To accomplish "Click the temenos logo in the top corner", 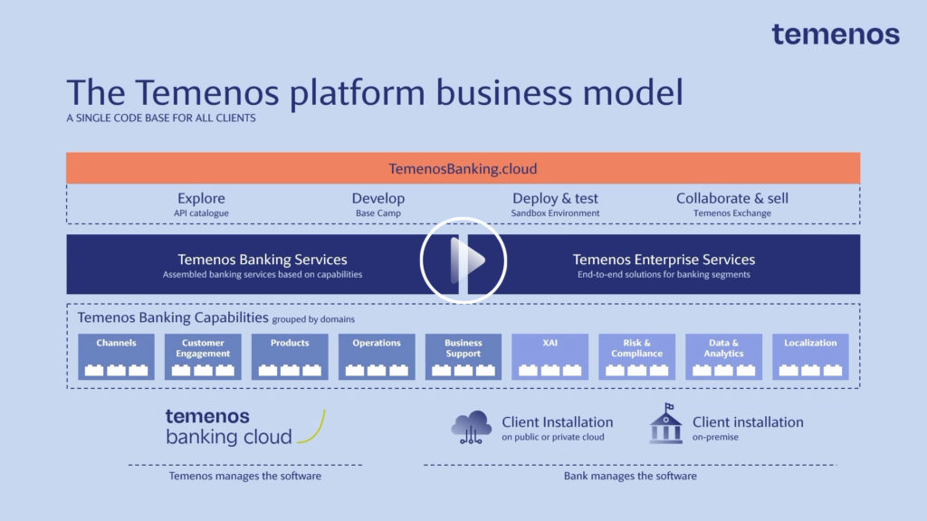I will tap(835, 34).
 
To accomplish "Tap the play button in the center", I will tap(463, 260).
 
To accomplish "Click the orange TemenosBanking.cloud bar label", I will tap(463, 168).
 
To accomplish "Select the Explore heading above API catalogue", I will tap(201, 198).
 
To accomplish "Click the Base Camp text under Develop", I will tap(377, 213).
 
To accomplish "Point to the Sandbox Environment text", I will tap(555, 213).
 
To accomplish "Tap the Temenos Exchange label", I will tap(732, 213).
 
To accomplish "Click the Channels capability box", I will tap(116, 356).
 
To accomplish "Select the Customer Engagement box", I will tap(203, 356).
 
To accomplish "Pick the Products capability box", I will tap(290, 356).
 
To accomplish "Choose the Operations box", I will tap(377, 356).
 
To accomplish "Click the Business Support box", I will tap(463, 356).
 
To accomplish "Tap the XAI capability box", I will tap(550, 356).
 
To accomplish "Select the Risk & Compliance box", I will tap(636, 356).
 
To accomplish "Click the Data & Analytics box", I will tap(722, 356).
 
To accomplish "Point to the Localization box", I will tap(810, 356).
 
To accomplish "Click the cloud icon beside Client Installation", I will tap(472, 426).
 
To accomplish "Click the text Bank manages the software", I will tap(630, 476).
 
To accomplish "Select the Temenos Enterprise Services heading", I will tap(664, 260).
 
